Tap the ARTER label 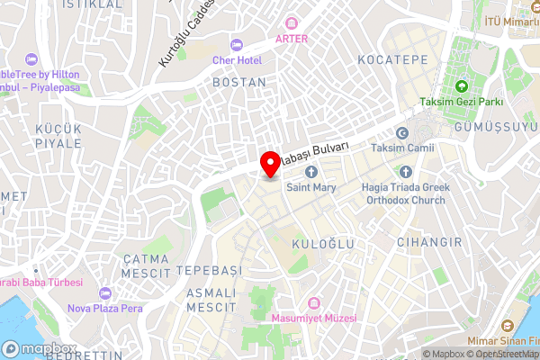pos(292,38)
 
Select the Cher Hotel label pos(237,59)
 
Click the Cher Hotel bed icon pos(237,45)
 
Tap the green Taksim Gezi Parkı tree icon pos(462,87)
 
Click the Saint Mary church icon pos(311,172)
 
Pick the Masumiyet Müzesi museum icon pos(313,303)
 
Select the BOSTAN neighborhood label pos(238,82)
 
